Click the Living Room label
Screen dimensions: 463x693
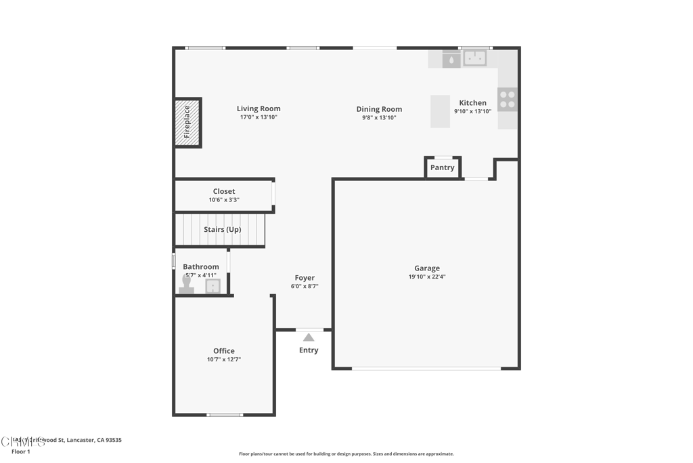[259, 108]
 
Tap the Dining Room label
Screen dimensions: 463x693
[379, 109]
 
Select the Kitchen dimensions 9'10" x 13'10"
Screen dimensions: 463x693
[472, 112]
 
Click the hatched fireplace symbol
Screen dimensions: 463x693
[187, 122]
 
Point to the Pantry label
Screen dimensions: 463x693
[443, 167]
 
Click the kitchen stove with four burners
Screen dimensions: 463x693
[508, 100]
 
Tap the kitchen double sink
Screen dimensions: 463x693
[474, 58]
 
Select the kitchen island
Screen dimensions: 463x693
[440, 111]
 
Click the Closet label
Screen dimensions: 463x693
[224, 191]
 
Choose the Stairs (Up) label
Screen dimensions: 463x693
[223, 229]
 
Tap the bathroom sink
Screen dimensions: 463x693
[213, 286]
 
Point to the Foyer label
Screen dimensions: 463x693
[305, 278]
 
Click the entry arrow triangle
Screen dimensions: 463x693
[309, 337]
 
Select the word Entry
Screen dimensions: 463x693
[309, 350]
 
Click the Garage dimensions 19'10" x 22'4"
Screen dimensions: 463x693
[427, 277]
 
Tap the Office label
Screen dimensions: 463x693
[224, 351]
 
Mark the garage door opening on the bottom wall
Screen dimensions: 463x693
[426, 368]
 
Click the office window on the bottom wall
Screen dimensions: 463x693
[225, 414]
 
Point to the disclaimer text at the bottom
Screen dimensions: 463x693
[346, 454]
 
